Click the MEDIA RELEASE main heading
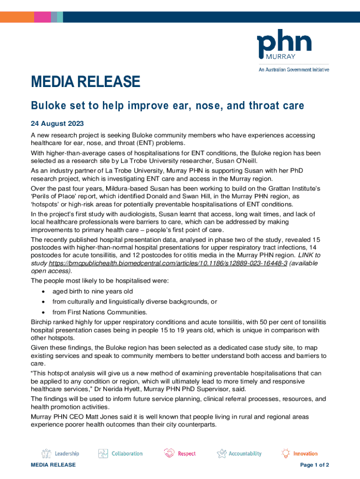(86, 82)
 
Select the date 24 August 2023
(58, 123)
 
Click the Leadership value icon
(46, 453)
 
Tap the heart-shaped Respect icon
(169, 453)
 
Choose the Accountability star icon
(222, 453)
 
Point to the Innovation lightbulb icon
(285, 453)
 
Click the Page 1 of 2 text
(315, 465)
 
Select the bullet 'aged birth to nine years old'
(93, 291)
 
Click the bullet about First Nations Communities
(100, 312)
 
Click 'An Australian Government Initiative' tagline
(294, 70)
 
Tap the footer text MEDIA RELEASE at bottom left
(53, 465)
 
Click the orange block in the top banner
(17, 17)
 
